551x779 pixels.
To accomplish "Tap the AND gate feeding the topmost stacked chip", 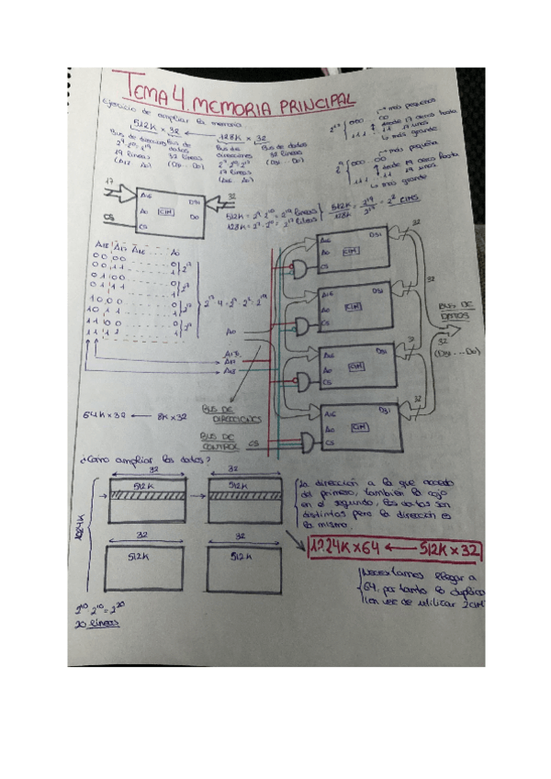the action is pos(300,265).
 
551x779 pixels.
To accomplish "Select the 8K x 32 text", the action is pos(171,416).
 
